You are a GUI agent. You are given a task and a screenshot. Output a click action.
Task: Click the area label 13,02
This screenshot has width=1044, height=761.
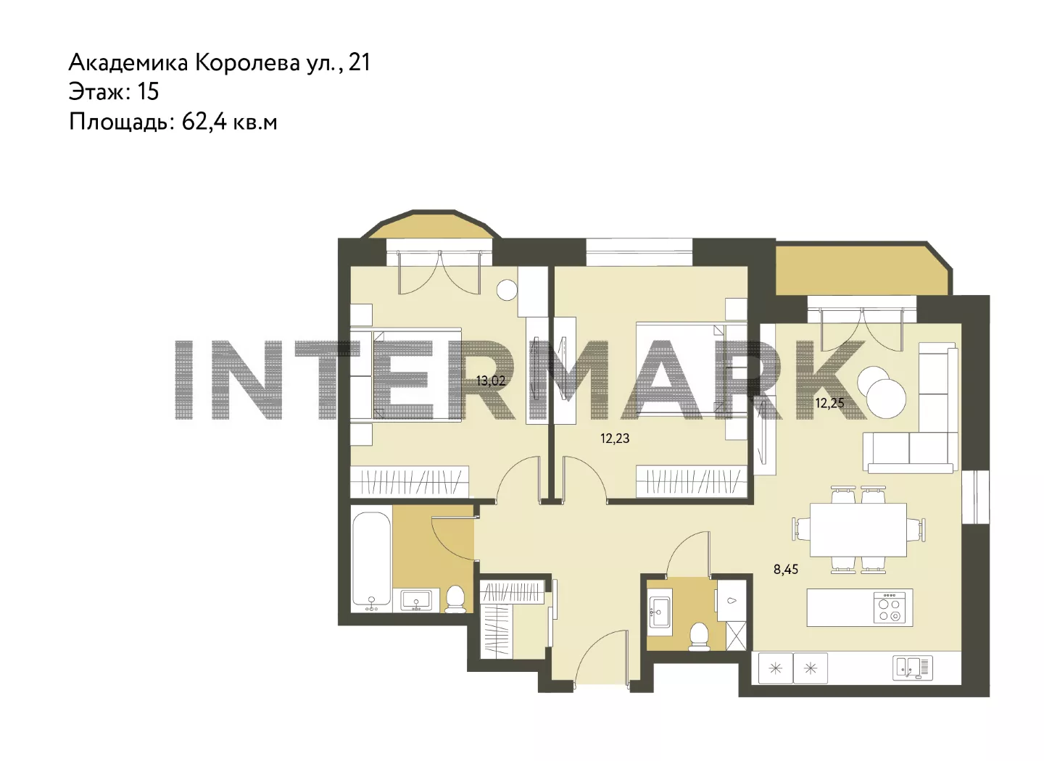(x=491, y=381)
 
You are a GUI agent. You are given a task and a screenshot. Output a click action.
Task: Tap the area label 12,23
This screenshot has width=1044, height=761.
(x=615, y=438)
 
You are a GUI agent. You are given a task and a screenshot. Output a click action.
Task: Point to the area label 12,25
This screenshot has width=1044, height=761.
(x=829, y=403)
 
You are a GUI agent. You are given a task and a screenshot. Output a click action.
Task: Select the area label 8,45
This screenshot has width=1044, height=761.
(x=786, y=569)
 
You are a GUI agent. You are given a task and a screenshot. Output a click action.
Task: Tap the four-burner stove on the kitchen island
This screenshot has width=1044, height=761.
(x=890, y=607)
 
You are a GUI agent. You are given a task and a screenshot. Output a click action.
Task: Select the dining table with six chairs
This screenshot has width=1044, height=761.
(x=858, y=531)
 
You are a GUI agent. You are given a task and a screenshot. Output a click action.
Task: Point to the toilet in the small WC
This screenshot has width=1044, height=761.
(x=699, y=637)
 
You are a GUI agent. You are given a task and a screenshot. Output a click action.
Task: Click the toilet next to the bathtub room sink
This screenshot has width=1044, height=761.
(x=455, y=599)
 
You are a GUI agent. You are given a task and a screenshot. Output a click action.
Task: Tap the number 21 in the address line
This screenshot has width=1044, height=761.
(x=360, y=62)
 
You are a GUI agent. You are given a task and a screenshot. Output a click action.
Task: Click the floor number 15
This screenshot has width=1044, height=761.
(x=148, y=91)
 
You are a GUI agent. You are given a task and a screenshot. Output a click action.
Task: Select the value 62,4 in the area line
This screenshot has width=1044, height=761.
(x=204, y=122)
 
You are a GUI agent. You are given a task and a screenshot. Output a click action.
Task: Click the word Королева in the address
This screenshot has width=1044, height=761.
(x=247, y=62)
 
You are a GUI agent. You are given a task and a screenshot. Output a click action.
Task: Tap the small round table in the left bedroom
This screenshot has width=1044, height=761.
(x=507, y=290)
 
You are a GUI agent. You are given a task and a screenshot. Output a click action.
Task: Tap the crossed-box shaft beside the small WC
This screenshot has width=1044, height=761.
(x=737, y=635)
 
